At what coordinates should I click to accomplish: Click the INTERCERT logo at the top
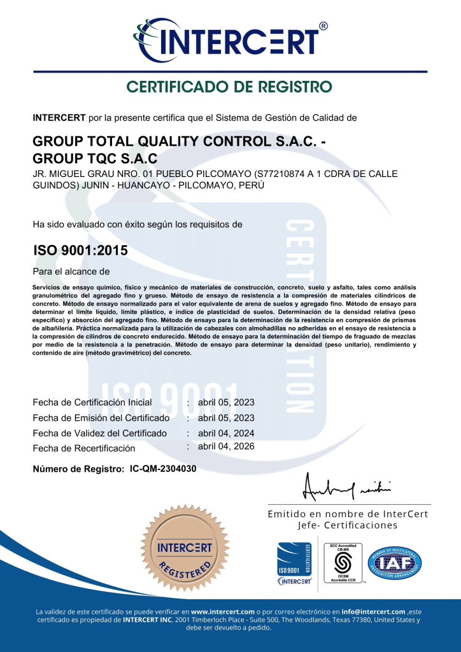tap(230, 39)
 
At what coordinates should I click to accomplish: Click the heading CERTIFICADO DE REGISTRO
tap(229, 87)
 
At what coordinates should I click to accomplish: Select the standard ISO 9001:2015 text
tap(80, 251)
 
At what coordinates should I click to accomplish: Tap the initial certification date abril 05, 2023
tap(226, 402)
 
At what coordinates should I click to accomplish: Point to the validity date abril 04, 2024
tap(226, 433)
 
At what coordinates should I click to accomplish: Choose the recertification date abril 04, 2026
tap(226, 446)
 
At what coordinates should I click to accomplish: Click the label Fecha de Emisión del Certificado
tap(101, 418)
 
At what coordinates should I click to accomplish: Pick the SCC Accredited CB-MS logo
tap(344, 563)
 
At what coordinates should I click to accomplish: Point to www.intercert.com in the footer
tap(222, 612)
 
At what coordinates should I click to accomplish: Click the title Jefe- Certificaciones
tap(348, 525)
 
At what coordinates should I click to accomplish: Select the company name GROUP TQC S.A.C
tap(94, 158)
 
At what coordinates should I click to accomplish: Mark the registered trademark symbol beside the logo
tap(323, 26)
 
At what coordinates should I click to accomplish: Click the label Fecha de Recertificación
tap(84, 448)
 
